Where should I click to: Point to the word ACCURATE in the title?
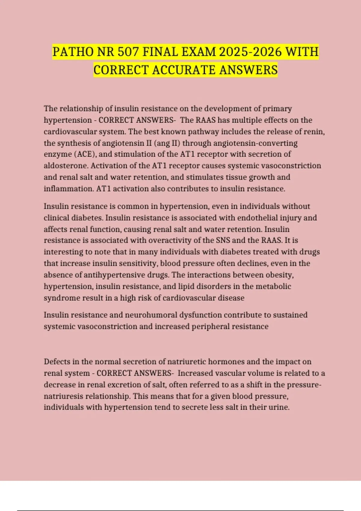pos(184,70)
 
